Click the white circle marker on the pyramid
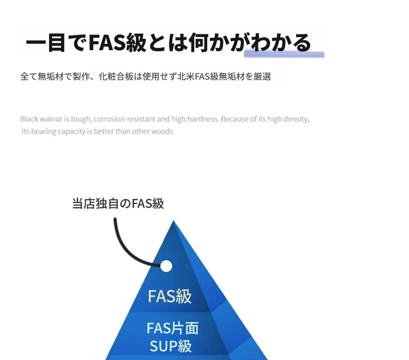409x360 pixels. [166, 266]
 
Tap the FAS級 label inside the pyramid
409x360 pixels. [170, 296]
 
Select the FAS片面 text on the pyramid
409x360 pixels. [173, 328]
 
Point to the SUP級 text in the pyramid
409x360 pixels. [171, 346]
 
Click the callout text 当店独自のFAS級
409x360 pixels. [118, 203]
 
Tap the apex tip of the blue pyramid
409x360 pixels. [173, 221]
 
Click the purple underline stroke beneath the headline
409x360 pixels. [284, 54]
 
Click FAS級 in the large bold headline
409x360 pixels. [118, 42]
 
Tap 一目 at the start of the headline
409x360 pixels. [45, 43]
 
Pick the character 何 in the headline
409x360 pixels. [199, 43]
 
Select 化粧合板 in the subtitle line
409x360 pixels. [116, 76]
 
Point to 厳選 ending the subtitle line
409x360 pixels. [262, 76]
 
